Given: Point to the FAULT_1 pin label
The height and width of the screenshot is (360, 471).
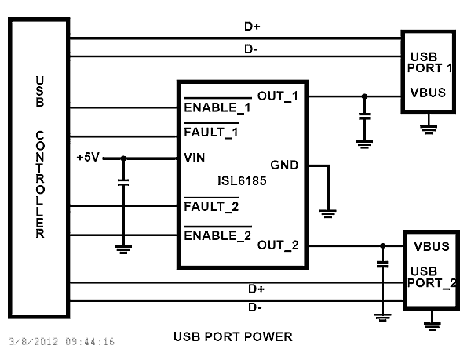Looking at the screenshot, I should click(210, 132).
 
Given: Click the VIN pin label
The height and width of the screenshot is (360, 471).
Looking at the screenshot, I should click(194, 158).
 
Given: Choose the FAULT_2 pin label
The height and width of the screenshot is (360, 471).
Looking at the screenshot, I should click(210, 207).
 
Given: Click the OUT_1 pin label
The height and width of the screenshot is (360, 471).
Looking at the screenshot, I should click(278, 96).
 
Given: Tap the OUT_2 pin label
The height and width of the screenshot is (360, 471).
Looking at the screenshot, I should click(278, 245).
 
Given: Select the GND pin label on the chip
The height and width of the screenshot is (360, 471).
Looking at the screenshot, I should click(283, 165).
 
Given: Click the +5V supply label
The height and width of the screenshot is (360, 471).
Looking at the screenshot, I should click(88, 157).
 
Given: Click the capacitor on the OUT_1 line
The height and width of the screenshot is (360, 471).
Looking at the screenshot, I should click(363, 117).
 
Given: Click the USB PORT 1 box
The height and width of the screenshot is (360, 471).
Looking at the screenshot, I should click(428, 72).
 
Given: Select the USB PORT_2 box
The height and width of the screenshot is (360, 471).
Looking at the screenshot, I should click(431, 269).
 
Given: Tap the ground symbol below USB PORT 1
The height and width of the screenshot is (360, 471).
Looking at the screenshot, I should click(429, 125).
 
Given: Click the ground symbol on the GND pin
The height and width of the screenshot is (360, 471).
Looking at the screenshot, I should click(329, 212).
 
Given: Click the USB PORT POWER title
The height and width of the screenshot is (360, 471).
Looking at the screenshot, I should click(232, 337).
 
